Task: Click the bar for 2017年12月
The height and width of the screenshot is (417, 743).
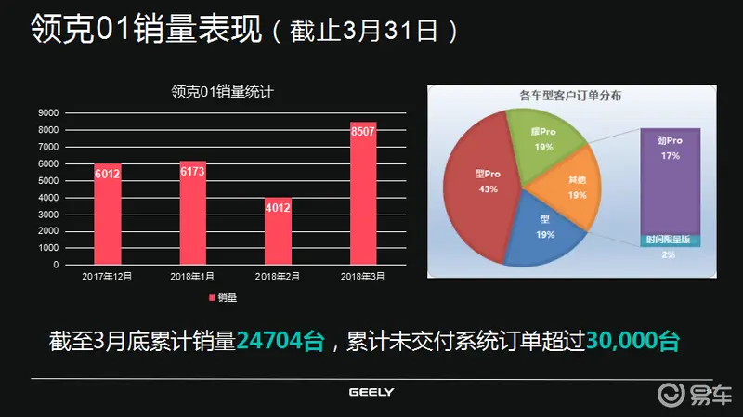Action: point(107,215)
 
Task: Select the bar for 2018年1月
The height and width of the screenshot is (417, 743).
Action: point(192,214)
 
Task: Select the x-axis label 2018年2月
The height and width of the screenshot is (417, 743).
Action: point(278,277)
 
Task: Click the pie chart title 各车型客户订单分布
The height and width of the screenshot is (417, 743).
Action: point(570,95)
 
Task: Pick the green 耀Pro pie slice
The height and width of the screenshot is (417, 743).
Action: point(542,139)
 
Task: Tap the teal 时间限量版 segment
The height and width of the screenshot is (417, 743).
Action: point(669,240)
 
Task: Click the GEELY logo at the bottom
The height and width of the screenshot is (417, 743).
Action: point(371,392)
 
